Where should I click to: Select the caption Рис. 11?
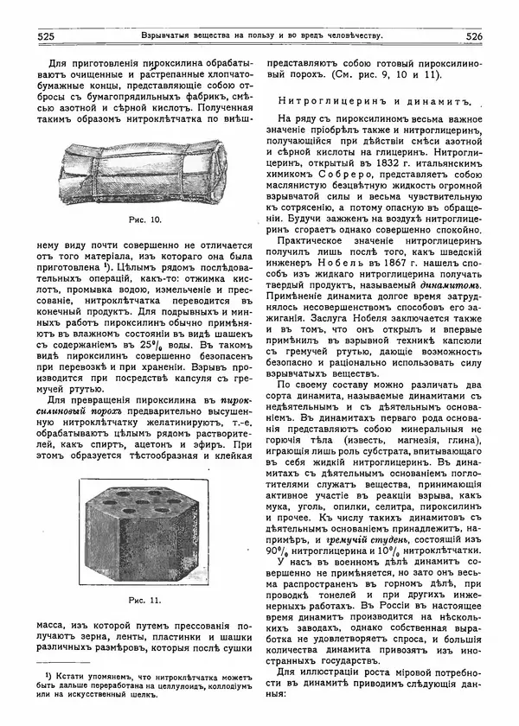tap(144, 598)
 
